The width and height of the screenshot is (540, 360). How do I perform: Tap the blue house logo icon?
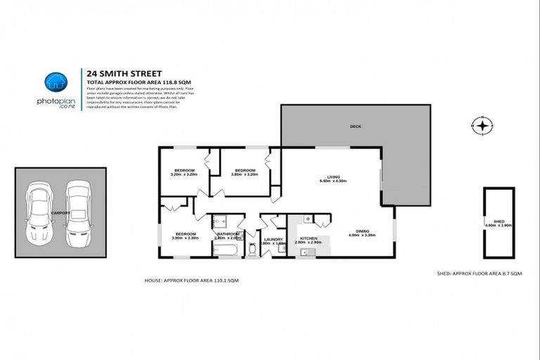(x=55, y=82)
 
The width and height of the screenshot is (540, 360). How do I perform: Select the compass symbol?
(x=482, y=127)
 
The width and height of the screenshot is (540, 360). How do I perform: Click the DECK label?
(x=356, y=127)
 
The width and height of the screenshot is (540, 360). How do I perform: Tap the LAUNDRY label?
(x=273, y=240)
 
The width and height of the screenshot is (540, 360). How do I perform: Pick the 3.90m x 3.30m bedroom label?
(x=186, y=236)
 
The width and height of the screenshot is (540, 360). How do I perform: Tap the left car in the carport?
(x=38, y=215)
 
